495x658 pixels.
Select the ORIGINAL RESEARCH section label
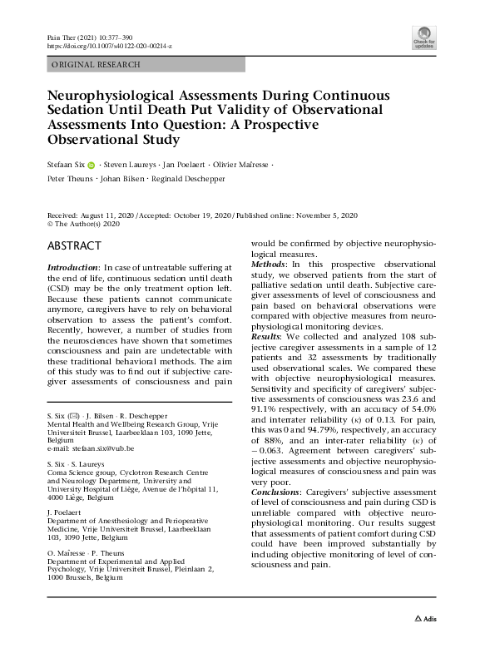96,64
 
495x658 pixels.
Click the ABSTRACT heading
75,246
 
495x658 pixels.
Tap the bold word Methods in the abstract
270,264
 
